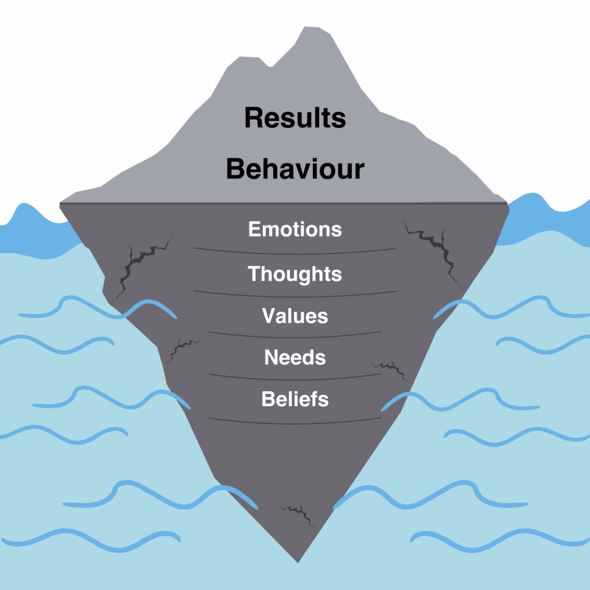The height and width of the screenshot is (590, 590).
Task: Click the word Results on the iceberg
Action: [x=295, y=118]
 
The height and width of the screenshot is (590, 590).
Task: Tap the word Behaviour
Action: [x=295, y=169]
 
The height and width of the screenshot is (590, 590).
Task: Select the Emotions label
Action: [x=295, y=229]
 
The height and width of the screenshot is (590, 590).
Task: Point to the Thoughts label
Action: [x=295, y=274]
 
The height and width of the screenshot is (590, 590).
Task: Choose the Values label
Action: [x=295, y=316]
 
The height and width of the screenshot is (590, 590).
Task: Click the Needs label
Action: [x=295, y=357]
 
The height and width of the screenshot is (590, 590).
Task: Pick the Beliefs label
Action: [x=295, y=399]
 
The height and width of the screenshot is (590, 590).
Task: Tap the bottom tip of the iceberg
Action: [x=298, y=563]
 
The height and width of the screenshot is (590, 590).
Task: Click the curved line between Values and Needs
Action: [x=295, y=336]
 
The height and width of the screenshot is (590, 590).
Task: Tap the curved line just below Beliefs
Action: [x=295, y=423]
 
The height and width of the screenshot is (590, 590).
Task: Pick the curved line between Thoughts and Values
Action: [x=295, y=296]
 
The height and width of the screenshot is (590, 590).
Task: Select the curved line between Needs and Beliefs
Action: [x=295, y=379]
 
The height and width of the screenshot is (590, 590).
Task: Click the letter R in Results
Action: [x=254, y=118]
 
